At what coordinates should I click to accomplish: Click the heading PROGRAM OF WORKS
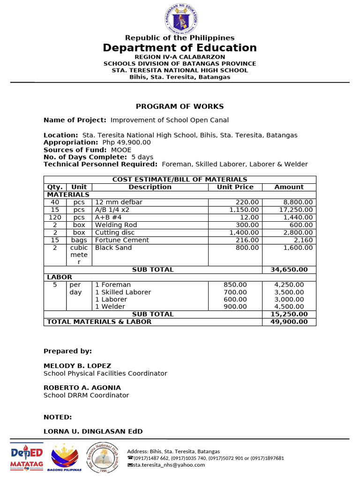click(x=180, y=106)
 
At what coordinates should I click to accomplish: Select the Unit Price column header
click(x=235, y=187)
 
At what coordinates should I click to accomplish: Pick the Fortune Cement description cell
click(x=122, y=240)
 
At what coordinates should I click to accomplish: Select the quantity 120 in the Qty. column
click(x=55, y=217)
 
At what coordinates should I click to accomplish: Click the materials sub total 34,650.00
click(x=289, y=270)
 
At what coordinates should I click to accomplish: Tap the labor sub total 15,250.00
click(x=289, y=314)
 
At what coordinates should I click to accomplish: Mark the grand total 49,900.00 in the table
click(x=289, y=322)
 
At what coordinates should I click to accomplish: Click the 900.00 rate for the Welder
click(x=235, y=307)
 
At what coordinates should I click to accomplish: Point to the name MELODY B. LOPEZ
click(x=77, y=366)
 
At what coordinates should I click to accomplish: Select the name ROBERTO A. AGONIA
click(x=82, y=388)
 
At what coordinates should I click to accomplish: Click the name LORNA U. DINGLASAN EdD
click(x=93, y=431)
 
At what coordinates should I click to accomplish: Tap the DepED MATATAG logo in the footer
click(x=27, y=457)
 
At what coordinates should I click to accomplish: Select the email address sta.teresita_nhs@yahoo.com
click(x=169, y=465)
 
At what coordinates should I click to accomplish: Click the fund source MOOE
click(x=121, y=150)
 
